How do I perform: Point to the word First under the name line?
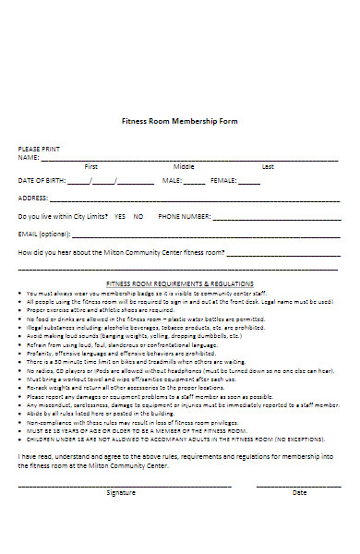(91, 166)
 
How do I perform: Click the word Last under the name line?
(268, 166)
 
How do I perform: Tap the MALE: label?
(173, 180)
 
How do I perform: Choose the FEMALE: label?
(224, 180)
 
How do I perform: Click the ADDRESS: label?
(33, 198)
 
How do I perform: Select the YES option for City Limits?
(120, 216)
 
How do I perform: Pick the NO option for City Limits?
(138, 216)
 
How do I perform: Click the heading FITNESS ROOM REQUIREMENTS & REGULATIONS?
(180, 284)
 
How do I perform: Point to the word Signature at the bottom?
(121, 493)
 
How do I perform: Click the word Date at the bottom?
(300, 493)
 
